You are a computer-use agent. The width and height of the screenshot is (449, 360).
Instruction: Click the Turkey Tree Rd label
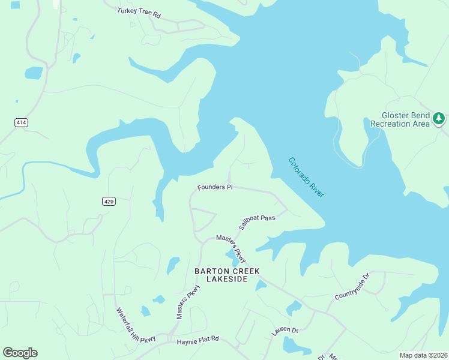pyautogui.click(x=139, y=11)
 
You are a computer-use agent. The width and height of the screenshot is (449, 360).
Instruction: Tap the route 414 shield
pyautogui.click(x=22, y=122)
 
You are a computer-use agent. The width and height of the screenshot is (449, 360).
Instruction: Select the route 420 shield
pyautogui.click(x=108, y=201)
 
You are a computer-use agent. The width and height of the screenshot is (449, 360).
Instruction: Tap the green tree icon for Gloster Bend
pyautogui.click(x=439, y=119)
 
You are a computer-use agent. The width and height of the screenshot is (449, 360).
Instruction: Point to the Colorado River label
pyautogui.click(x=306, y=177)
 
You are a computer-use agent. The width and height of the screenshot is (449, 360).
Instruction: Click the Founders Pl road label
pyautogui.click(x=214, y=187)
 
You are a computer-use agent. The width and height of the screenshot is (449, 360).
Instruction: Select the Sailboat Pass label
pyautogui.click(x=257, y=222)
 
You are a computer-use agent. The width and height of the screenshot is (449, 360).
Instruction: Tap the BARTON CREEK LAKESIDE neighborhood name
pyautogui.click(x=227, y=275)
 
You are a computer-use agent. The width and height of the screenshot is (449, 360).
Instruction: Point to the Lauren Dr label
pyautogui.click(x=285, y=330)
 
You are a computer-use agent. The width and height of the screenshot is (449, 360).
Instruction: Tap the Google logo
pyautogui.click(x=20, y=353)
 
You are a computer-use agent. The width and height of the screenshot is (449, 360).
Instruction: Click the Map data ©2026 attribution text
pyautogui.click(x=423, y=355)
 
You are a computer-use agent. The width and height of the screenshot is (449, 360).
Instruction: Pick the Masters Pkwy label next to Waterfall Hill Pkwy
pyautogui.click(x=187, y=301)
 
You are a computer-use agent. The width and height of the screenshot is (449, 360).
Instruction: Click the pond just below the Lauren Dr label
pyautogui.click(x=294, y=346)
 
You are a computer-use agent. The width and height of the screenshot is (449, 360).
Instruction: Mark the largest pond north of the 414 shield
pyautogui.click(x=34, y=73)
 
